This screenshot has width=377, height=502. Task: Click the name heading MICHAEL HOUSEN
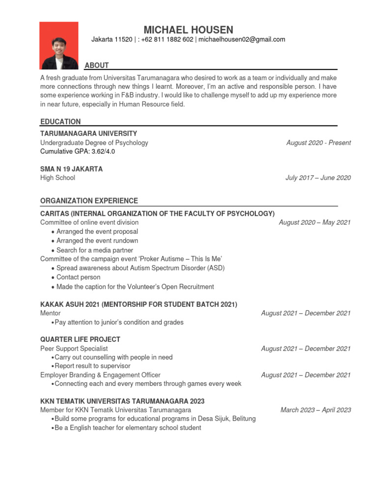pos(188,30)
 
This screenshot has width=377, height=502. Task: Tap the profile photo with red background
pos(59,46)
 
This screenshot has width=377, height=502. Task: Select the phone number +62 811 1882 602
pos(167,40)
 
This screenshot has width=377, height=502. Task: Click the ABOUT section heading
pos(97,65)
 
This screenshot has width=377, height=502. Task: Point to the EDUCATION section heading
pos(60,122)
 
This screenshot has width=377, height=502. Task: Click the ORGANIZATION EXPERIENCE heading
pos(89,201)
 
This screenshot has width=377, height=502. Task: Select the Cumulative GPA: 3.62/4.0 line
pos(78,151)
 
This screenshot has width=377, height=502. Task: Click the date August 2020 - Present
pos(319,143)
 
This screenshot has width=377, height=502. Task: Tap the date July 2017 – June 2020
pos(318,178)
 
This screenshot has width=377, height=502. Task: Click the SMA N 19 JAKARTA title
pos(71,169)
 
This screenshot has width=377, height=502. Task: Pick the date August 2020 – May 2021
pos(315,223)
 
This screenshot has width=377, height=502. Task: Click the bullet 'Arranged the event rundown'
pos(97,241)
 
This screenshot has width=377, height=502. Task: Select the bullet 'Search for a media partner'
pos(95,250)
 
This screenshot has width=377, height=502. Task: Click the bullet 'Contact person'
pos(78,277)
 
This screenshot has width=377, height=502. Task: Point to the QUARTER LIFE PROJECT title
pos(80,339)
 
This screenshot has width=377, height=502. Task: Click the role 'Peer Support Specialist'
pos(74,349)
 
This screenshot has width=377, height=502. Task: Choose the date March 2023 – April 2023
pos(316,410)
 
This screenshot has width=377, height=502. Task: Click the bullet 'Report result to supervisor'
pos(92,366)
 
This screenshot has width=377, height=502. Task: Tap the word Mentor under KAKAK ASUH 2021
pos(51,313)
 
